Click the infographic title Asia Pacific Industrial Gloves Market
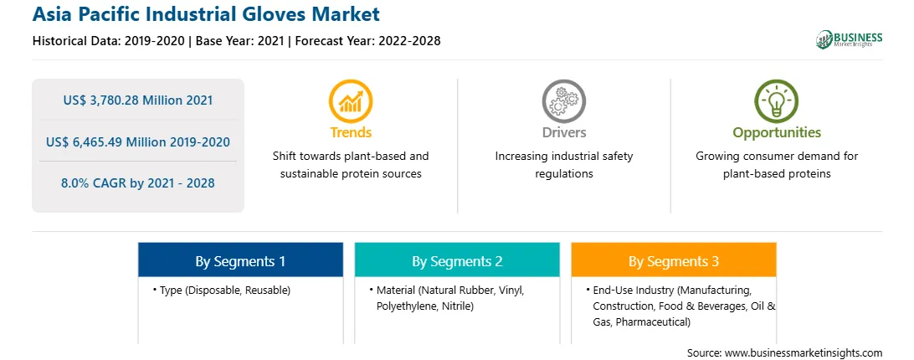[206, 14]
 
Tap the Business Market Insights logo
[850, 39]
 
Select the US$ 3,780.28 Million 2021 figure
[138, 100]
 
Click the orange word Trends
[351, 132]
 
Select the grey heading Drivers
[563, 132]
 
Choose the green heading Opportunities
[777, 133]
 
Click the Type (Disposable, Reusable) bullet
[222, 290]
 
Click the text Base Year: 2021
[240, 41]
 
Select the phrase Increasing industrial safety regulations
[563, 165]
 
